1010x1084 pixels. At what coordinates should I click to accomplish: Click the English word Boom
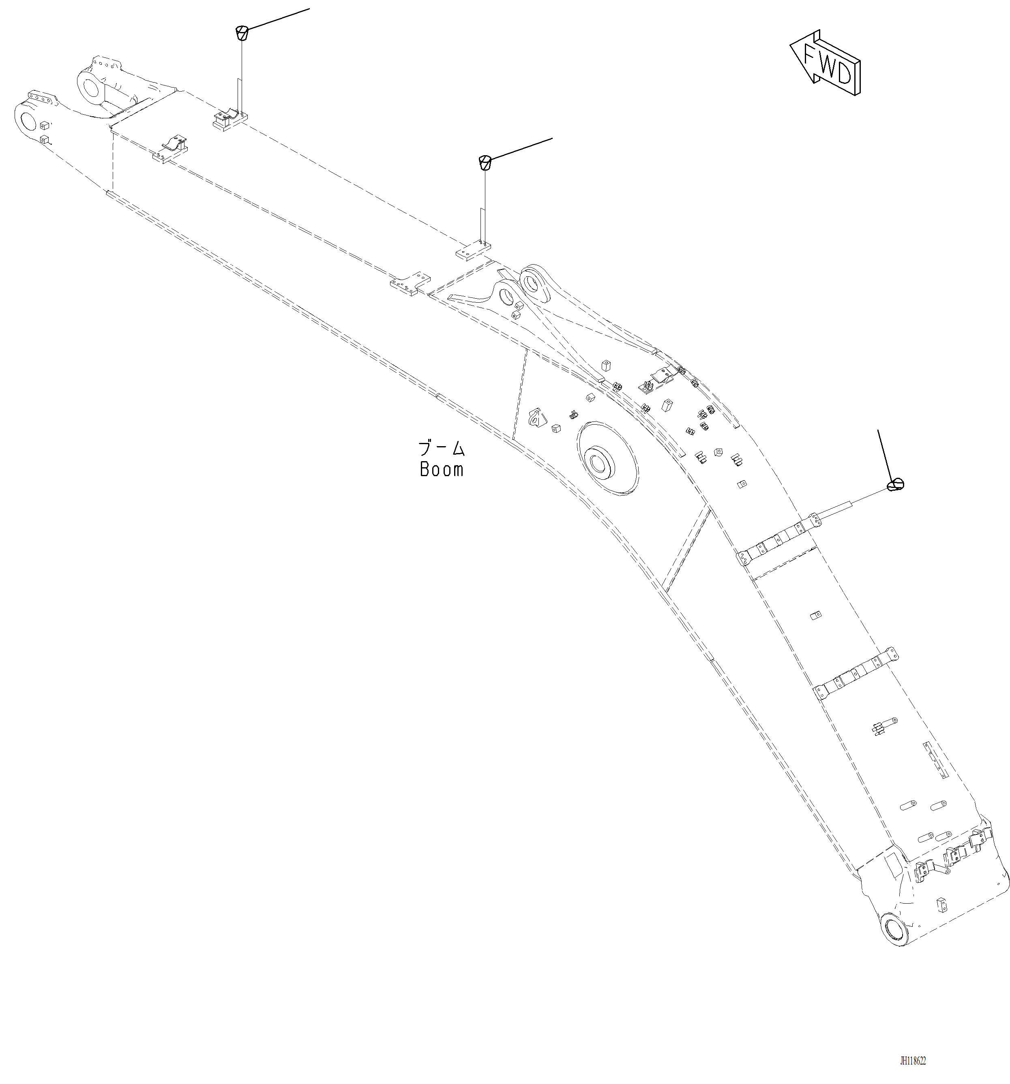(x=441, y=470)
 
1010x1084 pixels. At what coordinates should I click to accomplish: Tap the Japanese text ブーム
(x=441, y=449)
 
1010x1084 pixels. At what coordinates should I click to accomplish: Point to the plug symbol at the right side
(x=896, y=484)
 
